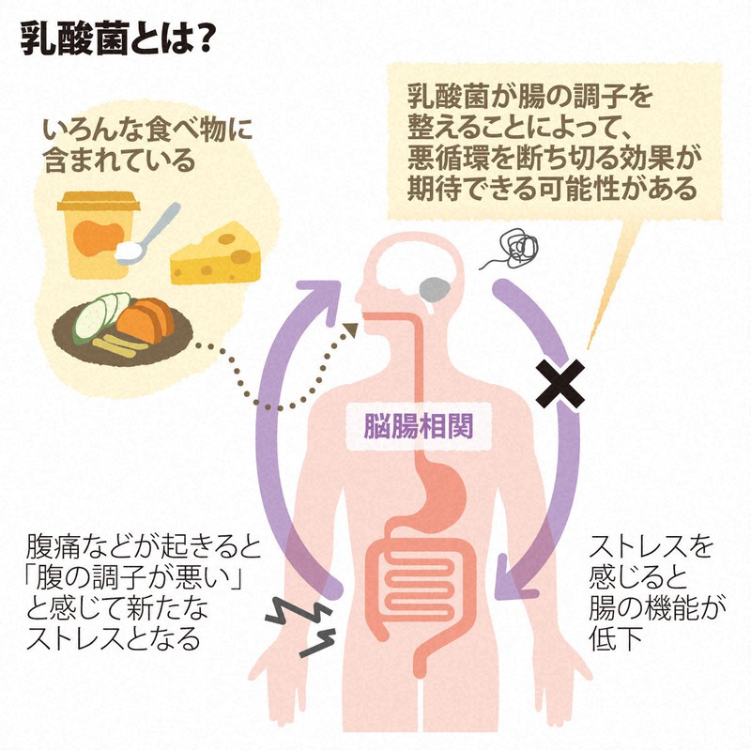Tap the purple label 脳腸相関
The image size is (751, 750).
[x=418, y=425]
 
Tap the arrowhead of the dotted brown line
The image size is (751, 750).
[x=353, y=328]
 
